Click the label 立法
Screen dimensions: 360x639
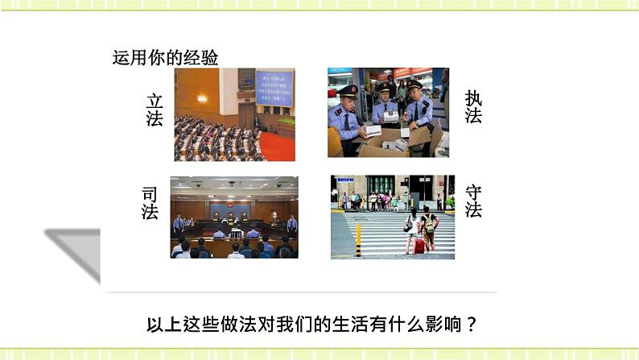155,110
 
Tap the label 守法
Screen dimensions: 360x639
473,201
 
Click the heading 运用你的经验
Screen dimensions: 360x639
166,58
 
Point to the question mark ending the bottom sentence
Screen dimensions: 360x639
472,325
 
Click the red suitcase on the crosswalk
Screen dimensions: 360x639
418,244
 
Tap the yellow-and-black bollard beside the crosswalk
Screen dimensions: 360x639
358,240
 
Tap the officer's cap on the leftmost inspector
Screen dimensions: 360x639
348,90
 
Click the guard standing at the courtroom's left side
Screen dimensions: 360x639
178,222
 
